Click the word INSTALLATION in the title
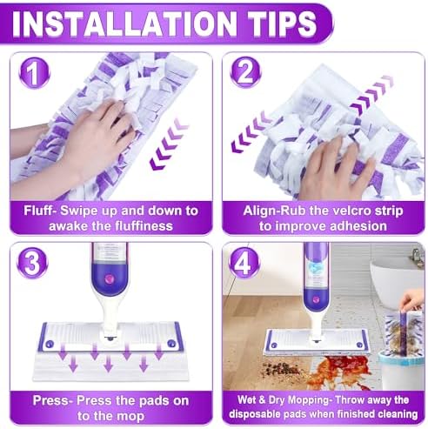click(124, 23)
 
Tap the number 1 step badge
click(34, 72)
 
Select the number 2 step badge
click(245, 72)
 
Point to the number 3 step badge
click(32, 263)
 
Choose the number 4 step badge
click(244, 263)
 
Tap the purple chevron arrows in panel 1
click(169, 144)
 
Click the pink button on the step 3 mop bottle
click(110, 278)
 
